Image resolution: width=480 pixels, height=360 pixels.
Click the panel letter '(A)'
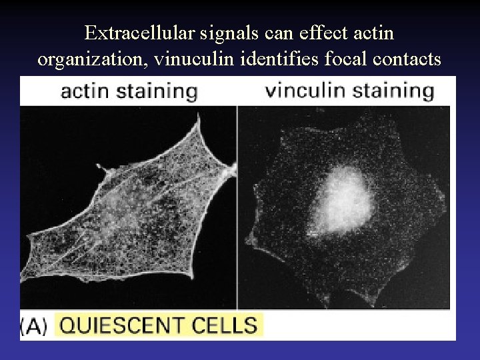[33, 327]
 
